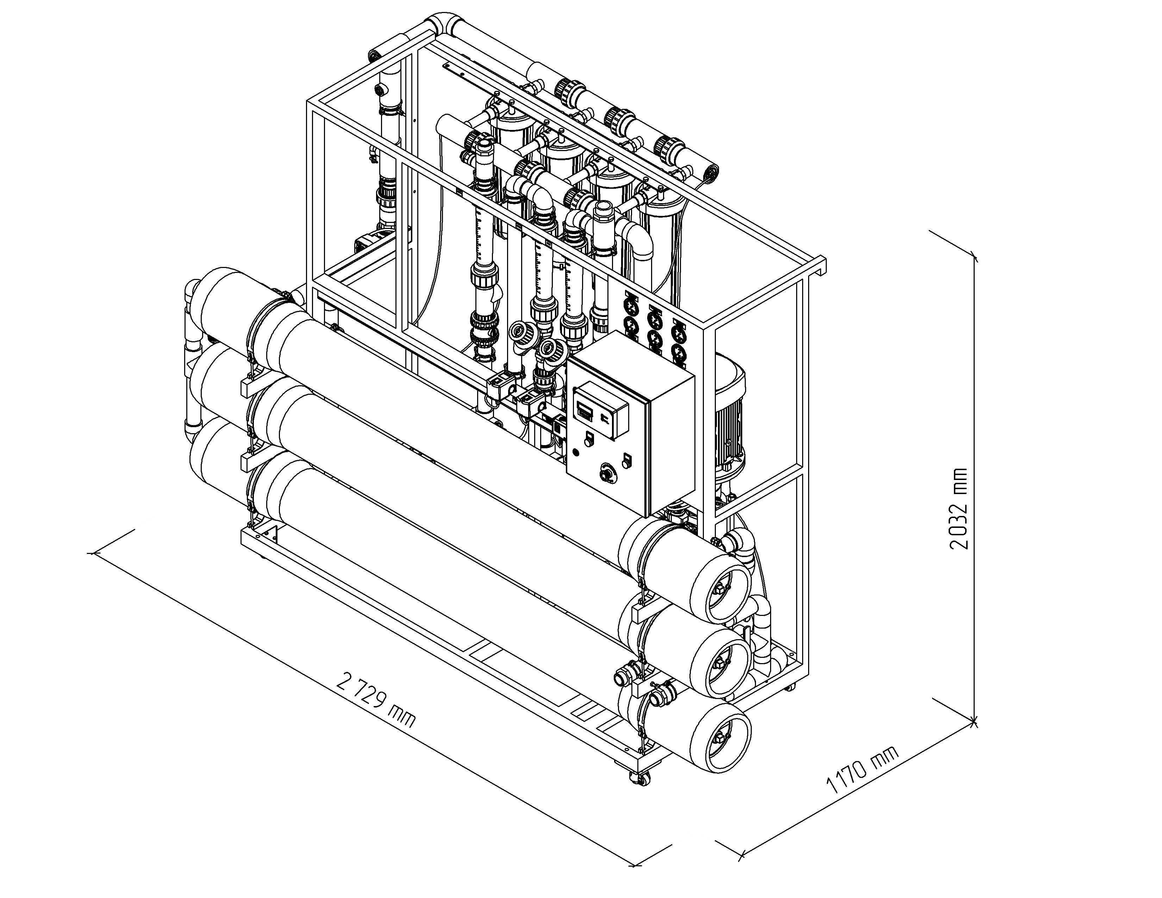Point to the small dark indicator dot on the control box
[576, 452]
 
